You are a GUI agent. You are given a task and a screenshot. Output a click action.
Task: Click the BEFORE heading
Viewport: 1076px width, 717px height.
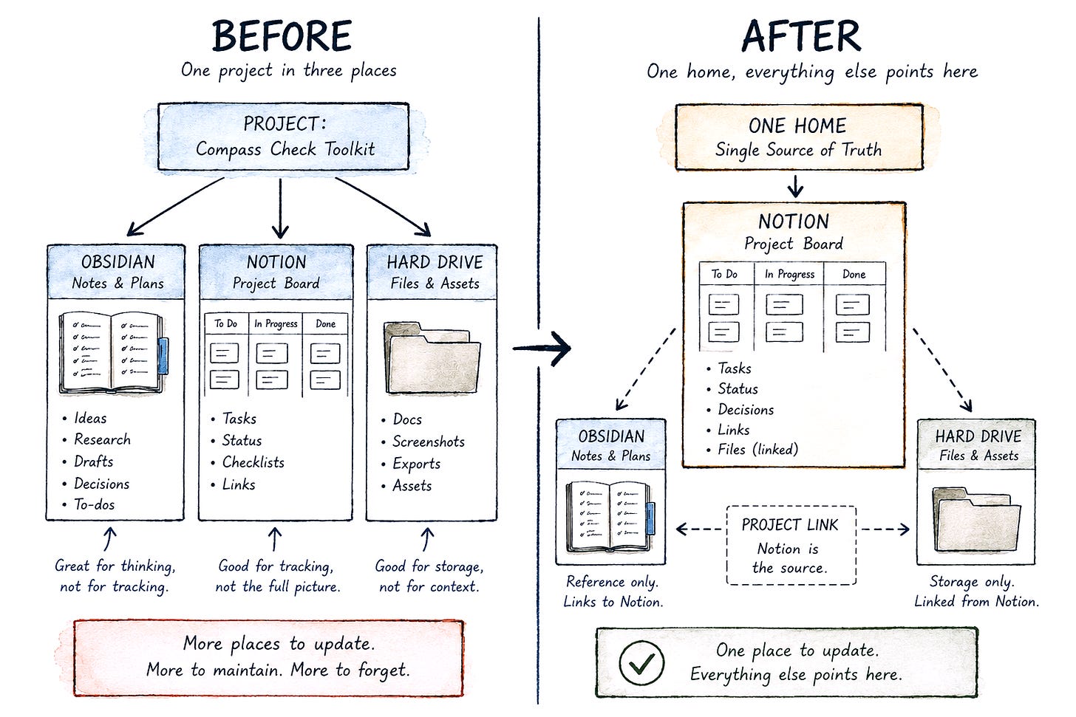(282, 35)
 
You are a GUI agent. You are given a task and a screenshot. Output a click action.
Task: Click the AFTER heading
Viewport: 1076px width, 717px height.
(801, 35)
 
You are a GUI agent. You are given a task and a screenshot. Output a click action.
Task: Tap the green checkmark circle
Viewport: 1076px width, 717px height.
(641, 662)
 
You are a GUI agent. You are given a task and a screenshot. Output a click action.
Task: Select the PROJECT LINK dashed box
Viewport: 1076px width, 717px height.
(791, 545)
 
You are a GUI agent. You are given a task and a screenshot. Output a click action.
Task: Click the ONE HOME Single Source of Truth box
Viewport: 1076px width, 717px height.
(799, 137)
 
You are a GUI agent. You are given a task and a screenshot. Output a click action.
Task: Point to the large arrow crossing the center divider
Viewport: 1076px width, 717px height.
(542, 349)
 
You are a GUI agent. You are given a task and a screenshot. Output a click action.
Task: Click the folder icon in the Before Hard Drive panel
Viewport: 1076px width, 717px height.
(432, 358)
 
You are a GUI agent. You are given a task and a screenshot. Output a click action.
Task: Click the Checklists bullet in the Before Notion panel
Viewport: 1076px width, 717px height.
(248, 463)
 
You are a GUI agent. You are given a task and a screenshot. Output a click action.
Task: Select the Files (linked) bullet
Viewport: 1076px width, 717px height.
(753, 450)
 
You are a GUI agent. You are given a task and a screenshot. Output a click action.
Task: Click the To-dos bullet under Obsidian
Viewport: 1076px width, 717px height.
(89, 504)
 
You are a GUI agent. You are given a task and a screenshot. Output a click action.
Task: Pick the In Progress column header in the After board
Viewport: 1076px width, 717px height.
(790, 274)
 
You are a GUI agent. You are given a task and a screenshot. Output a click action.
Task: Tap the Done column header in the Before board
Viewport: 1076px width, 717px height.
(326, 324)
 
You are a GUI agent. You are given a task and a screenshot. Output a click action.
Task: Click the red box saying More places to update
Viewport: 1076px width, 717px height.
(269, 657)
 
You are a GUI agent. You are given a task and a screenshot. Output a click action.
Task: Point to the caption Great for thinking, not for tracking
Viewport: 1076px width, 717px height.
(115, 576)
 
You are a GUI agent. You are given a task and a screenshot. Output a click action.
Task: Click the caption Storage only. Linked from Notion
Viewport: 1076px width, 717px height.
(975, 591)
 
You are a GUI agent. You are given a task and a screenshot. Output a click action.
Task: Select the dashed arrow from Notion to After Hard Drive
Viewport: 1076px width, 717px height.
(942, 370)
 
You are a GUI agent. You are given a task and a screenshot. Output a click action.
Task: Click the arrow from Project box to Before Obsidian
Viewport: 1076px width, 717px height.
(175, 207)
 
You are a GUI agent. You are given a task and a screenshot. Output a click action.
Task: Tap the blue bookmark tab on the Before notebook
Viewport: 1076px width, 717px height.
(163, 356)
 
